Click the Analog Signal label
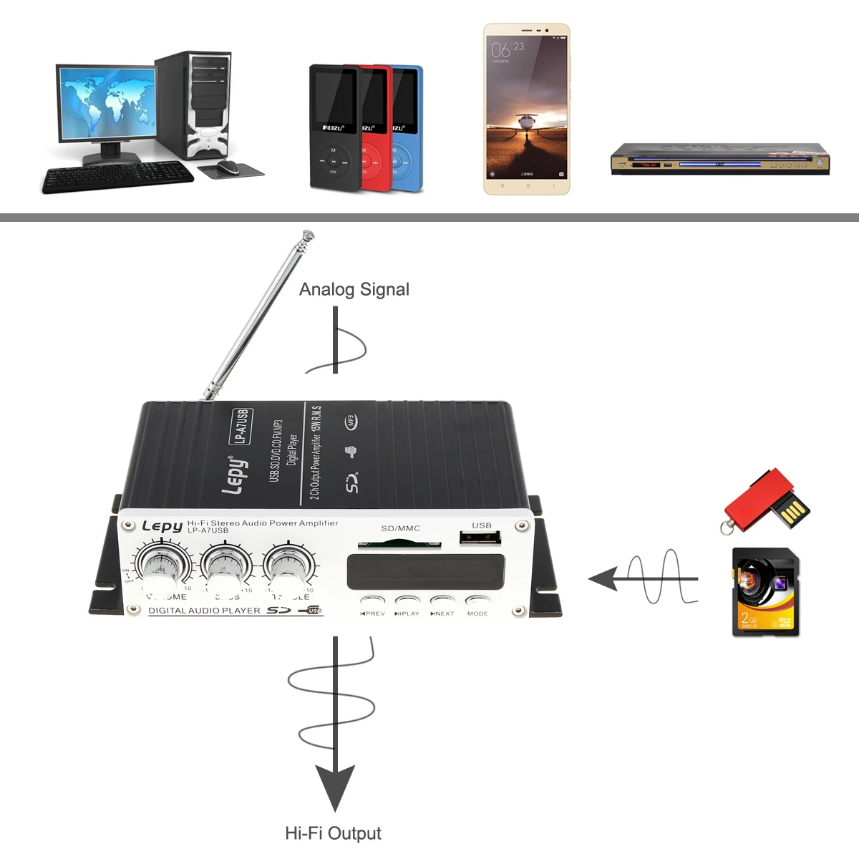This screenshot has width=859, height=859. [x=354, y=289]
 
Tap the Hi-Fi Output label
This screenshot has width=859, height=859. [x=333, y=833]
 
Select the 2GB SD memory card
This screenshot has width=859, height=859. [x=765, y=592]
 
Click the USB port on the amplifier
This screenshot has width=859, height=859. [x=480, y=538]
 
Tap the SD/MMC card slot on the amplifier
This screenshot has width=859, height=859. [x=399, y=543]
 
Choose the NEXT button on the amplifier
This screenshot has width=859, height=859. [x=442, y=601]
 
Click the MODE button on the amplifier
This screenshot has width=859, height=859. [x=477, y=601]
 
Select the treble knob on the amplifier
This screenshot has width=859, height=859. [x=289, y=563]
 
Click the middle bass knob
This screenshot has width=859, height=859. [x=225, y=563]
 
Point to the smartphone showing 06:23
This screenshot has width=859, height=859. [x=527, y=109]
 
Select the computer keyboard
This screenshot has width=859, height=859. [x=118, y=177]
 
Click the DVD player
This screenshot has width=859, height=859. [x=719, y=159]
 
